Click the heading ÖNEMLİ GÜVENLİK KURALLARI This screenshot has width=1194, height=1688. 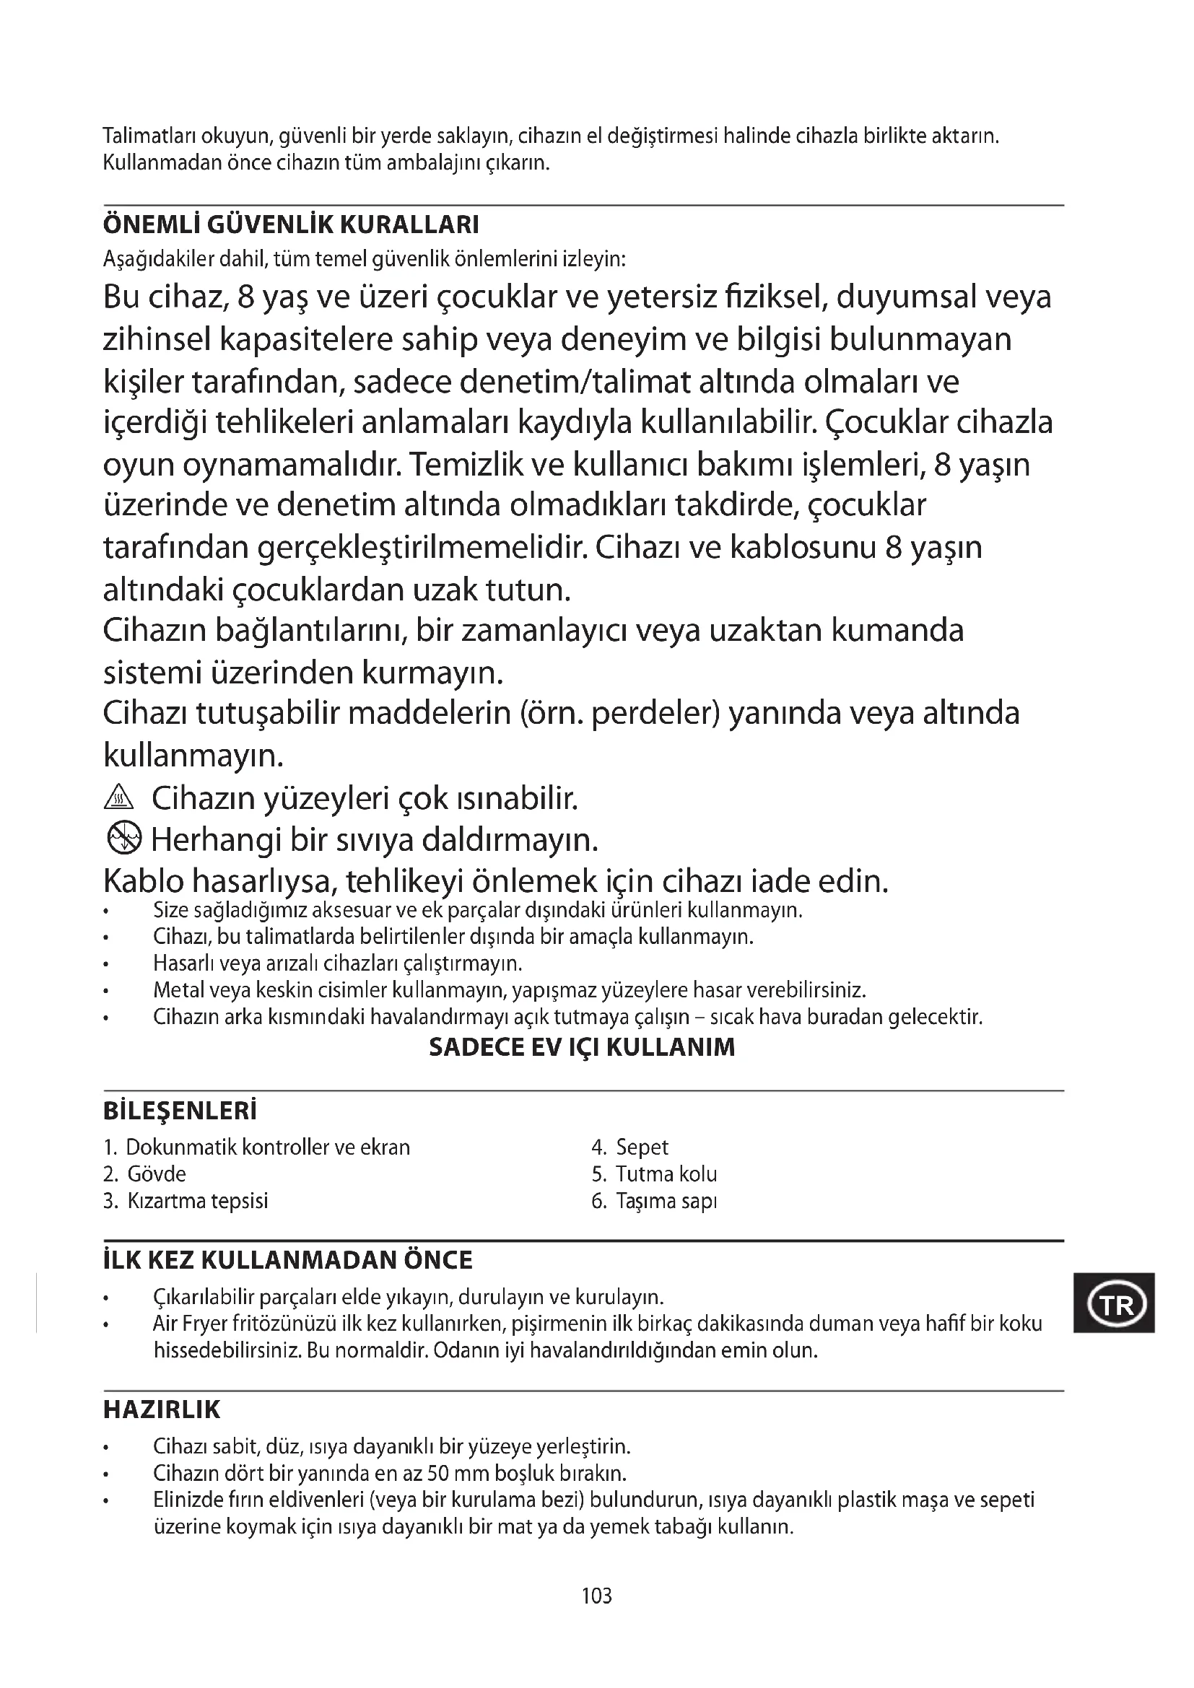291,224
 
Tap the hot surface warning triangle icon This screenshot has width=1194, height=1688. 119,797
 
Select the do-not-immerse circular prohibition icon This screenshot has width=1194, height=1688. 122,837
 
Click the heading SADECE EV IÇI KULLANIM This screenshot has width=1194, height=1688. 582,1047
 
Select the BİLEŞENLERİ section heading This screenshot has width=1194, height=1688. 180,1111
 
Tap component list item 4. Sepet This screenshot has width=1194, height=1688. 631,1147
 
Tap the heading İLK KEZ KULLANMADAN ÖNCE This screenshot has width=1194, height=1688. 287,1260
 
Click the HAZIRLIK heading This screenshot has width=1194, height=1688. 162,1409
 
